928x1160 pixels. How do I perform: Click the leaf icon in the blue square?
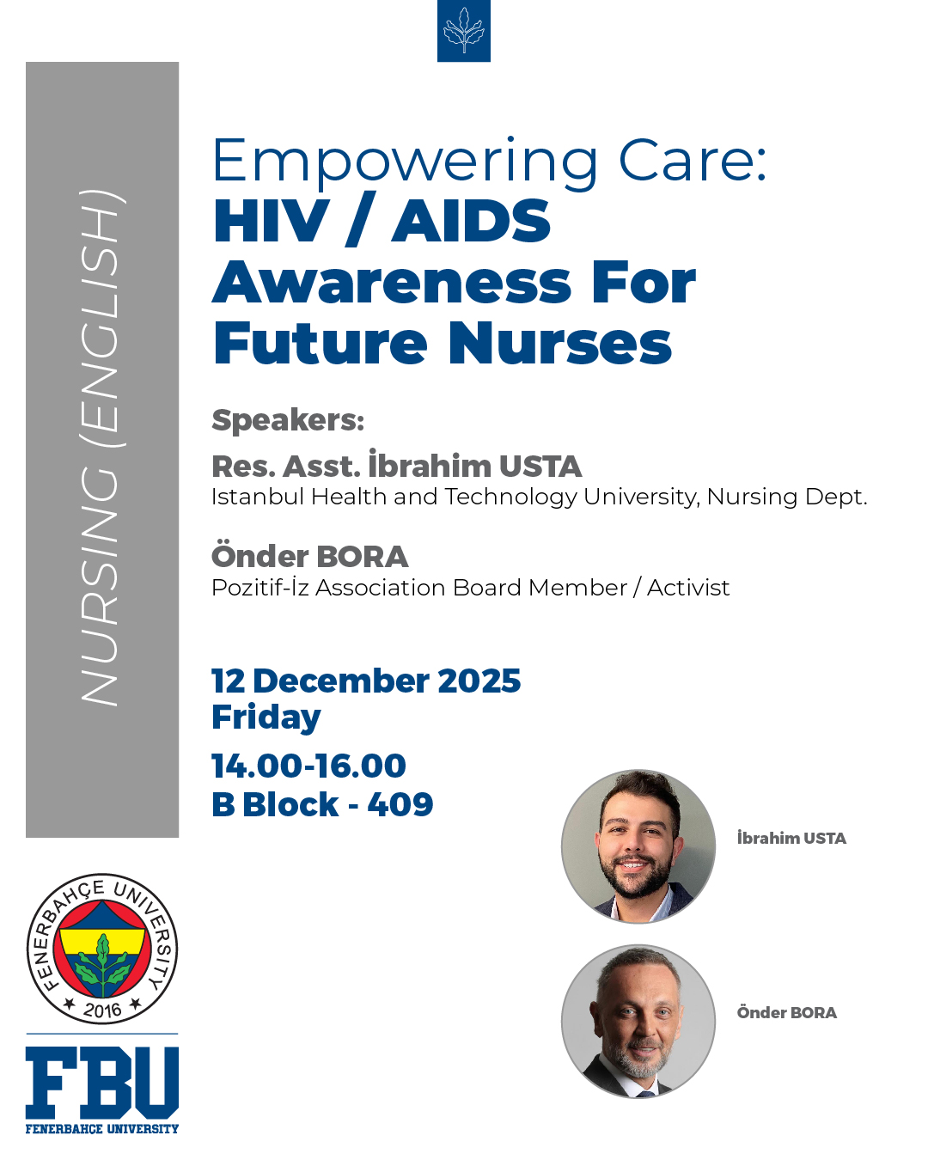click(463, 30)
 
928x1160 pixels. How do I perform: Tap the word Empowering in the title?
click(405, 162)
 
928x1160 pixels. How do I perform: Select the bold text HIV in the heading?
click(271, 222)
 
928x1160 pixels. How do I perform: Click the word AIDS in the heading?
click(471, 222)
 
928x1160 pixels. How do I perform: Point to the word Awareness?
click(392, 283)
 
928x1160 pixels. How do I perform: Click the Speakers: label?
click(287, 420)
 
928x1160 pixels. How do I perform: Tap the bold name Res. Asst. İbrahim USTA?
click(396, 464)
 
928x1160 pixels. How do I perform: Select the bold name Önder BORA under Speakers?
click(309, 555)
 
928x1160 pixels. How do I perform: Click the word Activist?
click(687, 587)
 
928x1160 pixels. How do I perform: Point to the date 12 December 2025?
click(366, 681)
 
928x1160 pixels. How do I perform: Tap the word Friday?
click(266, 717)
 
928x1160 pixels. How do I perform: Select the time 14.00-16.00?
click(308, 766)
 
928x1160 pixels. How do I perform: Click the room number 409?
click(400, 804)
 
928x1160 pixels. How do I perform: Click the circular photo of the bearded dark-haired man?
click(638, 846)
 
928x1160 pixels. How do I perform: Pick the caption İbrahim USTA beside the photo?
click(791, 837)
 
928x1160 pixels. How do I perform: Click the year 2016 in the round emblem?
click(102, 1010)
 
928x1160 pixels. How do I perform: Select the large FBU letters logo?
click(102, 1080)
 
